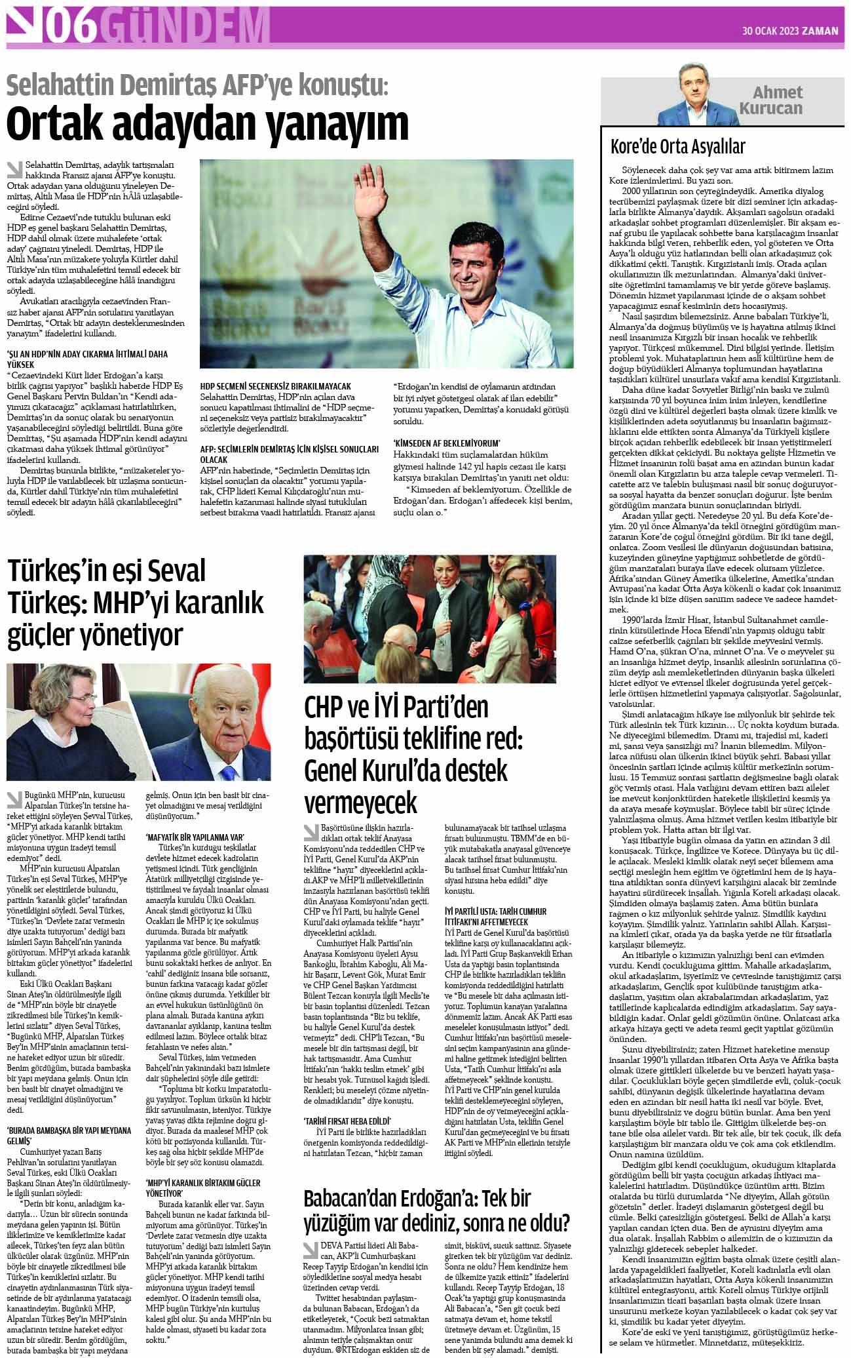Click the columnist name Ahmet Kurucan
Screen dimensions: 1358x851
tap(778, 100)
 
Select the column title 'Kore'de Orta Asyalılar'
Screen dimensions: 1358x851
tap(677, 146)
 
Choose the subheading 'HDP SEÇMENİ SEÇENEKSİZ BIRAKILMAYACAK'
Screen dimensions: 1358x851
tap(275, 387)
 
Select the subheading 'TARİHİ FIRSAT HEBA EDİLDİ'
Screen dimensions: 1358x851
tap(347, 1120)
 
